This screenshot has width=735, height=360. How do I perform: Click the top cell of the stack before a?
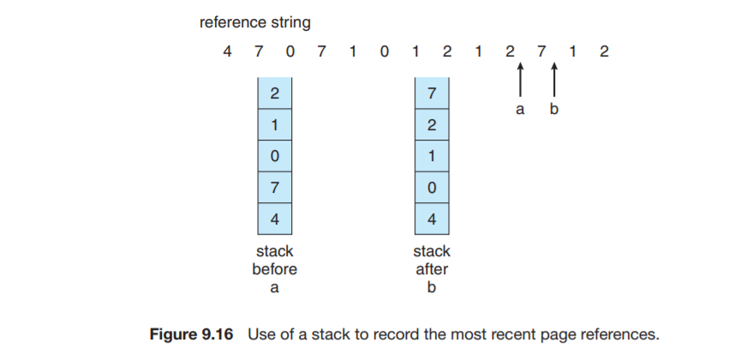point(274,93)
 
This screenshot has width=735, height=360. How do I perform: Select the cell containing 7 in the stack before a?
point(274,187)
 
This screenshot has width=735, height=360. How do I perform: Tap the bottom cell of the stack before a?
point(274,218)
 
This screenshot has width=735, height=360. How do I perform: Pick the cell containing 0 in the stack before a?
point(274,156)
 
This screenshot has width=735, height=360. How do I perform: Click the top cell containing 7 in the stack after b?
point(431,93)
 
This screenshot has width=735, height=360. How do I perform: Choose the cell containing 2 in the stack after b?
point(431,124)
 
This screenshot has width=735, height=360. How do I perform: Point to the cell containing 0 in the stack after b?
point(431,187)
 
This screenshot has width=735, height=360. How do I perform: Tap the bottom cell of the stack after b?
point(431,218)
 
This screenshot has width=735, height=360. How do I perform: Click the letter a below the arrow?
point(520,110)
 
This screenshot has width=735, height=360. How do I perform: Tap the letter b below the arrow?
point(554,110)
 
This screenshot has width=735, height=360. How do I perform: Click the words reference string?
point(254,21)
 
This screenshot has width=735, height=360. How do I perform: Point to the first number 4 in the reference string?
point(227,51)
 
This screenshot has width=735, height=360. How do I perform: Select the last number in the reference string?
point(605,51)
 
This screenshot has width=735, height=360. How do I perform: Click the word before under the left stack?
point(274,269)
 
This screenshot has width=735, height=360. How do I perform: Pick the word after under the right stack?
point(431,269)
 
